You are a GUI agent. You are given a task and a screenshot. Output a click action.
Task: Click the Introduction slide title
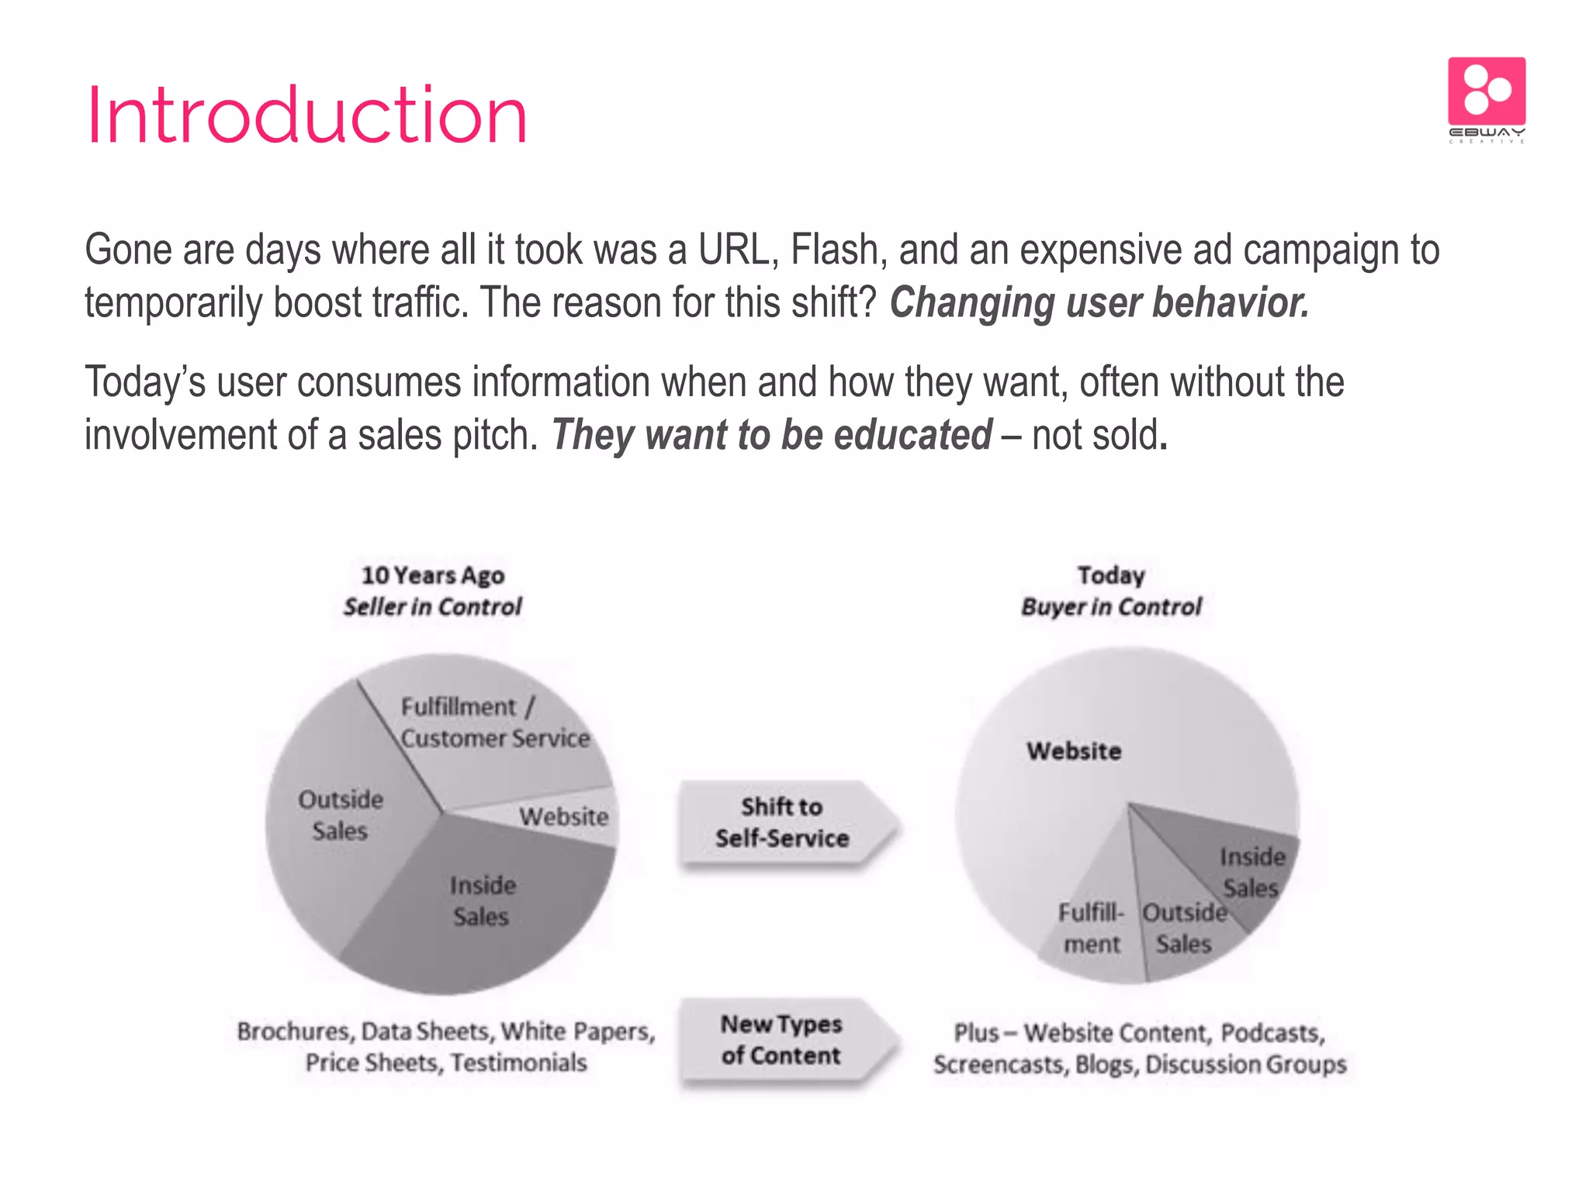306,116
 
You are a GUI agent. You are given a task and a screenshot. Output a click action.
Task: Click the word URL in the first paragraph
737,250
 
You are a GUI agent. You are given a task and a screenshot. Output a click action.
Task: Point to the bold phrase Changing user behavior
1099,302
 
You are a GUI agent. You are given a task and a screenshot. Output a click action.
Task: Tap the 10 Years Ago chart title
433,575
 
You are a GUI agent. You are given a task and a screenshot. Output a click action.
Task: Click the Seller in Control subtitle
433,606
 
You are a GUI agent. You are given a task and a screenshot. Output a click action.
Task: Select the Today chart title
1111,575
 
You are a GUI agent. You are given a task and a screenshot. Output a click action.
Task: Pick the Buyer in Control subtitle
1111,606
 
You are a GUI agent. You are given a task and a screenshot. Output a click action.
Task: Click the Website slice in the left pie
564,816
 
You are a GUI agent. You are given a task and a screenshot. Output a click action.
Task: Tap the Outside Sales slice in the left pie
341,815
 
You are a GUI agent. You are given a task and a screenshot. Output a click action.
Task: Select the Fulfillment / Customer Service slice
494,723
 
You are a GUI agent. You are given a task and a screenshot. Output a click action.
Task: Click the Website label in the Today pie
1074,751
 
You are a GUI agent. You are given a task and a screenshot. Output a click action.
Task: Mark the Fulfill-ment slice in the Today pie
1092,928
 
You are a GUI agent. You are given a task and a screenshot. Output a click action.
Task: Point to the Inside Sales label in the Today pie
1251,872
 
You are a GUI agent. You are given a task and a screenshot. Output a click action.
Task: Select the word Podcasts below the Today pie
1272,1033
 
